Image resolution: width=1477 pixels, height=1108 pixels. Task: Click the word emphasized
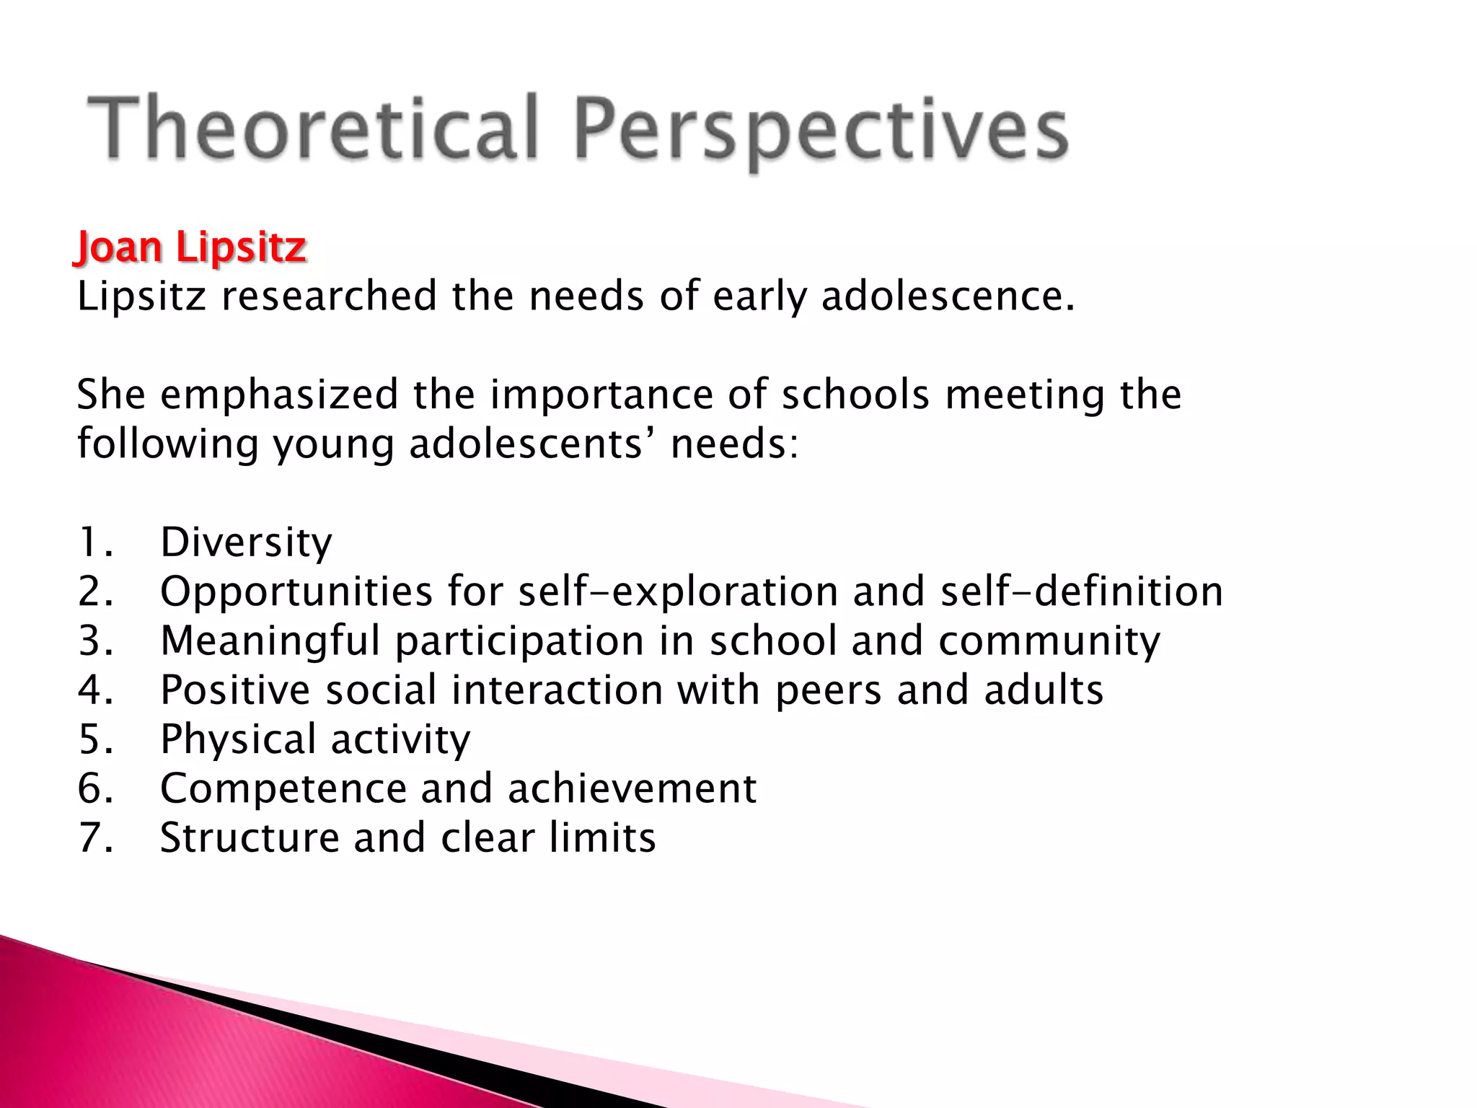(279, 396)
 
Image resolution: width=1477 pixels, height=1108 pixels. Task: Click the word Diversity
(246, 542)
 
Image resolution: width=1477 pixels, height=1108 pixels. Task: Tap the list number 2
(94, 592)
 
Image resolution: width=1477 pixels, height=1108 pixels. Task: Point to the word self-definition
(1082, 592)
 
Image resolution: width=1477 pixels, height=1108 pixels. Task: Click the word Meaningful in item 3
(270, 641)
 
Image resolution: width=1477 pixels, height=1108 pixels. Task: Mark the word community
(1049, 641)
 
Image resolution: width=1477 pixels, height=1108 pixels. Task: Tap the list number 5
(94, 739)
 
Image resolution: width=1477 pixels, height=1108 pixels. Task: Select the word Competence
(283, 788)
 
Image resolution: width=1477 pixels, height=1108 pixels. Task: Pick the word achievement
(632, 788)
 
